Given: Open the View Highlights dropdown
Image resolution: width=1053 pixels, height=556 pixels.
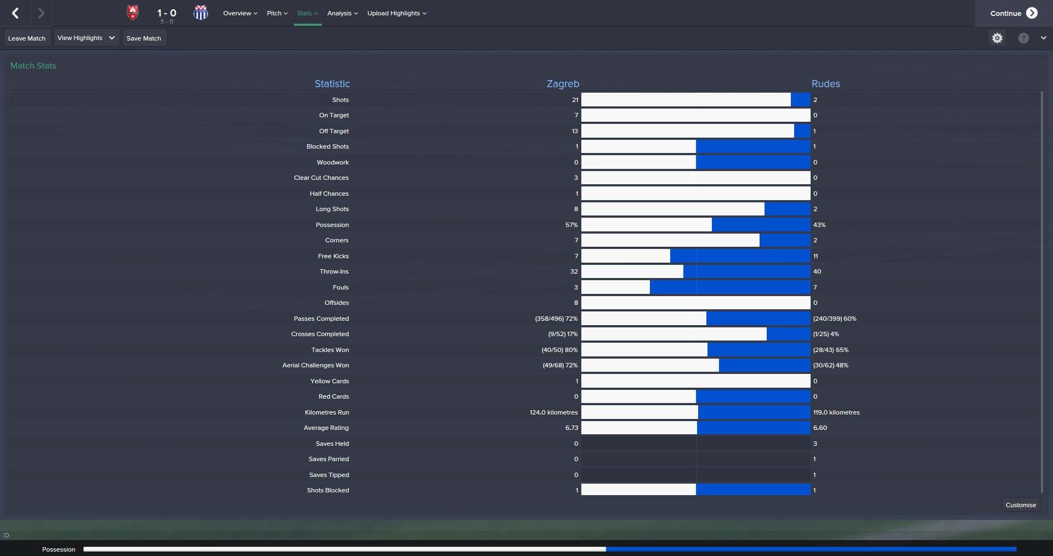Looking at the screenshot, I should (86, 38).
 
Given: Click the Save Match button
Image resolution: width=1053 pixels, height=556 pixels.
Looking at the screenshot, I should (144, 38).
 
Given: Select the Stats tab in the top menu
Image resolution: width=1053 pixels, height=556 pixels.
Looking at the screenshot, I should (307, 13).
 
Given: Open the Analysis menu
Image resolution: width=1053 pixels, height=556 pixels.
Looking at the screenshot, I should (342, 13).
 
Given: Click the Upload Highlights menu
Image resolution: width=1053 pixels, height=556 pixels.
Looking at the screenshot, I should (397, 13).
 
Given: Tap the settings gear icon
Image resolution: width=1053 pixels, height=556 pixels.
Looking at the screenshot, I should (997, 38).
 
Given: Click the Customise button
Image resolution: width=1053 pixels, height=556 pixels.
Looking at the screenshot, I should (1021, 505).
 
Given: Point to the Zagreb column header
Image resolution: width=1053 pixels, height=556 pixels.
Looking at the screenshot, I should (563, 84).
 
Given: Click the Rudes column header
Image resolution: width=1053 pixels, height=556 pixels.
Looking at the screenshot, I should (825, 84).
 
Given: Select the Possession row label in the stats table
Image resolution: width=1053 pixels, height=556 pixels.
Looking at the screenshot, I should (332, 225).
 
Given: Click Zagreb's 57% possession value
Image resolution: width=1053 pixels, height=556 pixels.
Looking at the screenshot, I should (571, 225).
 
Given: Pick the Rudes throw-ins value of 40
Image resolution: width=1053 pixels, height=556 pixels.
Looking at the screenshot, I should (817, 271).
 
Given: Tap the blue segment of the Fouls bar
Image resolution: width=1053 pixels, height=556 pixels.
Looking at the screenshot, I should (729, 287).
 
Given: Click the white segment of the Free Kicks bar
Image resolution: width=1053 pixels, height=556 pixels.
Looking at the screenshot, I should (625, 256).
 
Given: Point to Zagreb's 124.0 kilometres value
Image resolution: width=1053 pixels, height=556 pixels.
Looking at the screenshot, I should (553, 412).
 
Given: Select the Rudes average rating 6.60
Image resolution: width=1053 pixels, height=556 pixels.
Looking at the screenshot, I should (820, 428).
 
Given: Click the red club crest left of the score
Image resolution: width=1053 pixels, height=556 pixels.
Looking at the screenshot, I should (133, 13).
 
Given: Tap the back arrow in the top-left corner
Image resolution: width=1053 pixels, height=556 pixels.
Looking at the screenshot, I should (15, 13).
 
